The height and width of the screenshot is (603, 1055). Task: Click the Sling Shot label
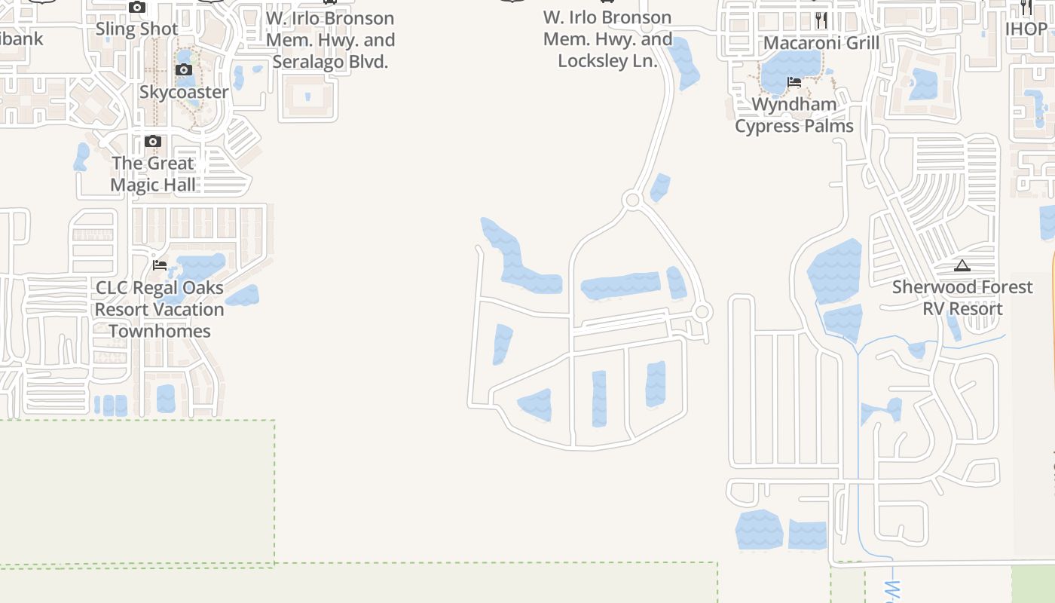pos(137,29)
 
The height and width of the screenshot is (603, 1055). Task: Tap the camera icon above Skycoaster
pos(184,70)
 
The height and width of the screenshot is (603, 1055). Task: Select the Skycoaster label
pos(184,92)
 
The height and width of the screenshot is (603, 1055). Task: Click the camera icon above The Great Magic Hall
pos(153,142)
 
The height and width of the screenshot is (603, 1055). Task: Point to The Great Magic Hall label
pos(153,174)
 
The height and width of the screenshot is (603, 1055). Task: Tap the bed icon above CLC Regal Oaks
pos(160,265)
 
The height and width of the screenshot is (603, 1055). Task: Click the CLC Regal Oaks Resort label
pos(160,309)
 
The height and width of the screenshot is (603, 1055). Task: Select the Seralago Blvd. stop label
pos(330,40)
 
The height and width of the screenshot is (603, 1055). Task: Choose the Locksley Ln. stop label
pos(607,39)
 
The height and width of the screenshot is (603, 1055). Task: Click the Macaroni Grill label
pos(821,43)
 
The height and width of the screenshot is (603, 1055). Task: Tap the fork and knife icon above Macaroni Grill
pos(821,20)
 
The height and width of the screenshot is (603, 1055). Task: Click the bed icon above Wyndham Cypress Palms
pos(794,82)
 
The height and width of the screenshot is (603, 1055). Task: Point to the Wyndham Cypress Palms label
pos(794,115)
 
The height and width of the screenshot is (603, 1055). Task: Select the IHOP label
pos(1026,29)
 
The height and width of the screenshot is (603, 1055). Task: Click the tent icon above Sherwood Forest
pos(962,265)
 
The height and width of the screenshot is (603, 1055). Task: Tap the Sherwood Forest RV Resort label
pos(962,298)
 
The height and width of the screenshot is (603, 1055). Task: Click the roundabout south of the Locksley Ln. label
pos(632,200)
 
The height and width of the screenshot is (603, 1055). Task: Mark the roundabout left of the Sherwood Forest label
pos(702,311)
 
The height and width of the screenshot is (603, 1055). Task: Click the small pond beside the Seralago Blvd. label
pos(239,77)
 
